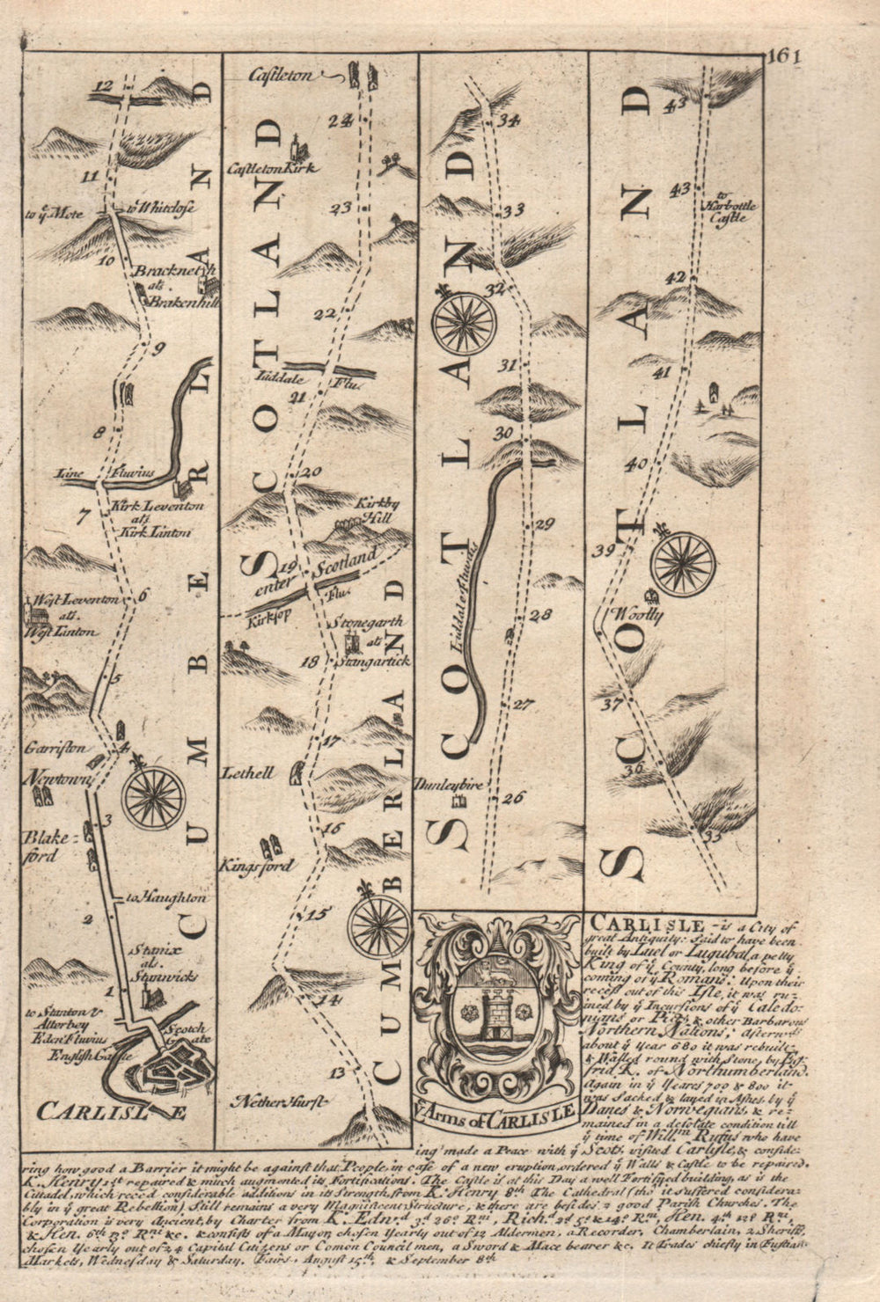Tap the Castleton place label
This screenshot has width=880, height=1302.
[281, 76]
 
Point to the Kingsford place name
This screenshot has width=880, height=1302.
[256, 866]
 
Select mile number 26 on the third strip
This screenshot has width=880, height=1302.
[512, 798]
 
